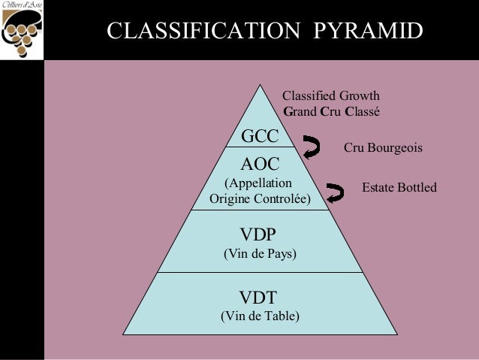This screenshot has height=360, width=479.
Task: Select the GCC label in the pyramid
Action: coord(259,136)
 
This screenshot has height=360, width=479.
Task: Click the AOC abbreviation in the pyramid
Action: coord(259,164)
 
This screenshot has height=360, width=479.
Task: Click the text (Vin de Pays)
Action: coord(261,254)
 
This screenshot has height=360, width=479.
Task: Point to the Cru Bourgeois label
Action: coord(384,149)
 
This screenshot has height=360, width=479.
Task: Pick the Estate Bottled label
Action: coord(399,186)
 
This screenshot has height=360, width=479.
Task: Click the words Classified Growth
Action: coord(330,95)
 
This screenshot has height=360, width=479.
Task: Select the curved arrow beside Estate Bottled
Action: coord(336,193)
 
